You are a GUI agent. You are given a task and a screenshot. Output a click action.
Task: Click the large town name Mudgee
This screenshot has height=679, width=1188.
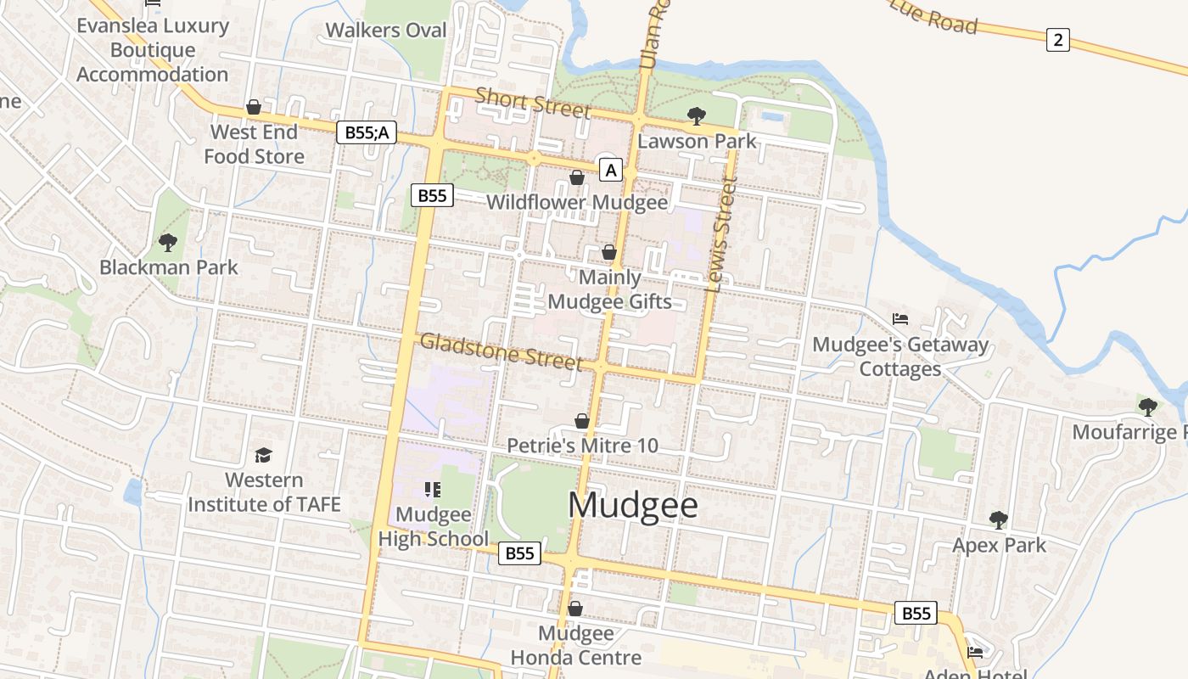[x=633, y=505]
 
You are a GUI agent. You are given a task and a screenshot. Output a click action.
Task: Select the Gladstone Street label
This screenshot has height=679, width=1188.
[x=502, y=351]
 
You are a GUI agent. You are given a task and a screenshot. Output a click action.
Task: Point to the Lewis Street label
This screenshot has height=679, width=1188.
[x=721, y=234]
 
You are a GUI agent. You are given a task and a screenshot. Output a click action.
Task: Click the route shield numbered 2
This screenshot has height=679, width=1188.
[x=1057, y=39]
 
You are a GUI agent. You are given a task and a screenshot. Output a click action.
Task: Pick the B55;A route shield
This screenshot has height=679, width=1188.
[x=367, y=132]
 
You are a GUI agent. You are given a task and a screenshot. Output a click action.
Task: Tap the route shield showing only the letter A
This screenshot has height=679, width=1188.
[x=610, y=170]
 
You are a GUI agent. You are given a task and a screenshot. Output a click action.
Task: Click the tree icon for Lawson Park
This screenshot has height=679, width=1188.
[x=697, y=116]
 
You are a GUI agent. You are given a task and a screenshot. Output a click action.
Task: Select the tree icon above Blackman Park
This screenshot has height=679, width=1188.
[x=168, y=243]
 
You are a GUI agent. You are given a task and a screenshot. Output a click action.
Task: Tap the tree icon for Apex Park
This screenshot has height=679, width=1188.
[x=999, y=519]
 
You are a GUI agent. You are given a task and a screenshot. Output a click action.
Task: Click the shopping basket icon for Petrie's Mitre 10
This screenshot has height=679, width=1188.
[x=582, y=421]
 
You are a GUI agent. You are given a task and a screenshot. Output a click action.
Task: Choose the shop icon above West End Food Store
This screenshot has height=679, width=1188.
[x=253, y=107]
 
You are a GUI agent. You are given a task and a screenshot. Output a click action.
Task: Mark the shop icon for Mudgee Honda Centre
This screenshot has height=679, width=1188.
[x=574, y=609]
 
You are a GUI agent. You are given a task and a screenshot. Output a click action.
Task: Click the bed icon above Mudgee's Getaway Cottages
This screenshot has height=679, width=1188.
[x=900, y=319]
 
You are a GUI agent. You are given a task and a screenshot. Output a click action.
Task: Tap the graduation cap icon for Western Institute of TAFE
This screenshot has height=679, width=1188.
[x=263, y=456]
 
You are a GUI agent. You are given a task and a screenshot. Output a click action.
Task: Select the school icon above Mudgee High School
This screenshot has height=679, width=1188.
[x=433, y=490]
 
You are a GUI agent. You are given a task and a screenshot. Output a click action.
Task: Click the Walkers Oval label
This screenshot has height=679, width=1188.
[x=386, y=31]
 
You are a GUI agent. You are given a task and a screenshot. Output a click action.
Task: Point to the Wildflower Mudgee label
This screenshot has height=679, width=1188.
[x=577, y=203]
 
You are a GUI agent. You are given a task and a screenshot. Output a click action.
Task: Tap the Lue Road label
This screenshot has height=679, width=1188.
[x=934, y=17]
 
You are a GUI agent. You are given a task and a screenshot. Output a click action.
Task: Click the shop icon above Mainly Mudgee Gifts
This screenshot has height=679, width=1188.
[x=608, y=253]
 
